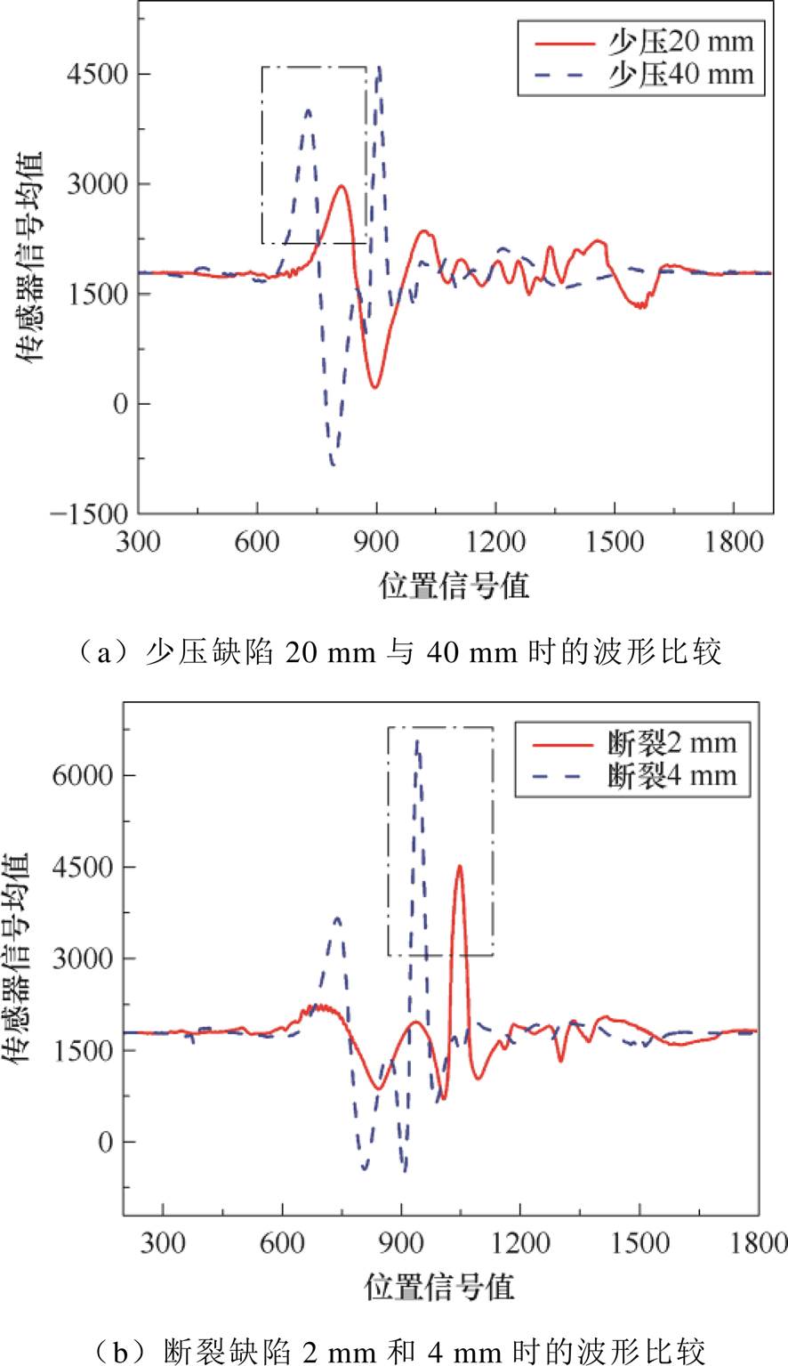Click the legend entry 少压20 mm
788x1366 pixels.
[680, 42]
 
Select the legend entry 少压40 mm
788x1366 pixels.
[680, 74]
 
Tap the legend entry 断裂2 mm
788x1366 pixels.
[671, 742]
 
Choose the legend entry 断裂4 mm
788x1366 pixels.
[671, 775]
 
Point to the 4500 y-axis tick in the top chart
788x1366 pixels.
[97, 74]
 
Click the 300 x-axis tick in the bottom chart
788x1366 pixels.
[163, 1242]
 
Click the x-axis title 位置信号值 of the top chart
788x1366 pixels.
[454, 586]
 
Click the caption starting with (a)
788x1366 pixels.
[395, 652]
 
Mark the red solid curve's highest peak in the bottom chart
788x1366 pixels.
[459, 866]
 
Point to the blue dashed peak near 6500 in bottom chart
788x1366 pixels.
[416, 740]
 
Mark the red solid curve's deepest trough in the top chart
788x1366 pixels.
[376, 387]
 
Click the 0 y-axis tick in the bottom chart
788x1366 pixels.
[105, 1142]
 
